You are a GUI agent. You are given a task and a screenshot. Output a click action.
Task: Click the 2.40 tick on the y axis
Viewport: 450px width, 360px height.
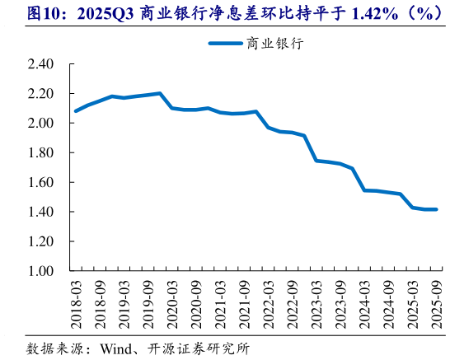point(39,64)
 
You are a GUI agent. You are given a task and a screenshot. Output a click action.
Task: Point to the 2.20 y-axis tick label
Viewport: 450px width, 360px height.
point(39,94)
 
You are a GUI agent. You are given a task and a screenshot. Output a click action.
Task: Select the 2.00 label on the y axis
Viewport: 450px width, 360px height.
point(39,124)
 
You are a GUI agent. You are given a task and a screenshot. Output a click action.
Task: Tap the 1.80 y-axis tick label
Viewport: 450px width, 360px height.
point(39,153)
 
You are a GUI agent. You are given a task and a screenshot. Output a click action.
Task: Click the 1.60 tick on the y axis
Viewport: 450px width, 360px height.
point(39,183)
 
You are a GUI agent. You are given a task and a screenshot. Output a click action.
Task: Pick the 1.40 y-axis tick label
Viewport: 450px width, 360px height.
point(39,213)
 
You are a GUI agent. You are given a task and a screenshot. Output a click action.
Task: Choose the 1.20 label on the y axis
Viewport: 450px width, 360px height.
point(39,242)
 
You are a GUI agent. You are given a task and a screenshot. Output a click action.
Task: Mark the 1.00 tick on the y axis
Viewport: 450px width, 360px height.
point(39,272)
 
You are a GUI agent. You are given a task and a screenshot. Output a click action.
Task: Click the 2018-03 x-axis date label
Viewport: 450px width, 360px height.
point(77,303)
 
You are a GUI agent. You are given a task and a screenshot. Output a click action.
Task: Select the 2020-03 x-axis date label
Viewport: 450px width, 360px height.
point(173,303)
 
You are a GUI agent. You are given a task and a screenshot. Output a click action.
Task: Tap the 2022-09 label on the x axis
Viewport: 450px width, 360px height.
point(293,303)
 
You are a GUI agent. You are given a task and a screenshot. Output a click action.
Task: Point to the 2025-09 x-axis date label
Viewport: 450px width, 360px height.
point(436,303)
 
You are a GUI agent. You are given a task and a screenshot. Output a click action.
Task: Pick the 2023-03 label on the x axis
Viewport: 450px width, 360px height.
point(316,303)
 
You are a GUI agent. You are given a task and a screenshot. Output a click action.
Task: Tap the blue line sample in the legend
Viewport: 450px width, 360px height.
point(225,44)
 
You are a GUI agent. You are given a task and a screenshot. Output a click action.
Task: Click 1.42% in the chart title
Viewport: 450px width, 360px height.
point(354,14)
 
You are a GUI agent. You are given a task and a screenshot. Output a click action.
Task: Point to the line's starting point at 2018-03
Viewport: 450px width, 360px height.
point(76,110)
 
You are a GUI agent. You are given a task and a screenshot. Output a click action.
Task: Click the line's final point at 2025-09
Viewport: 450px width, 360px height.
point(436,209)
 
